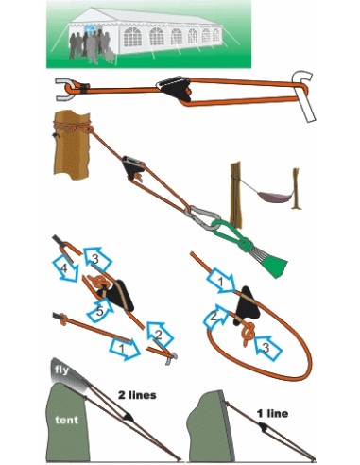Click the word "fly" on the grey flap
point(61,370)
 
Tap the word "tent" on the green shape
point(66,420)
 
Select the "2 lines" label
point(137,395)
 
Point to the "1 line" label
point(272,413)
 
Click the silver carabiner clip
point(201,216)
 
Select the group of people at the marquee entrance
point(91,46)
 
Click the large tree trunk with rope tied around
point(71,145)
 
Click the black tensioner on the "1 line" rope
point(264,426)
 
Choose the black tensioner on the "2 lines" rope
point(129,417)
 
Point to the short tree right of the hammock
point(296,189)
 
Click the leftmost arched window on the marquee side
point(132,37)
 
